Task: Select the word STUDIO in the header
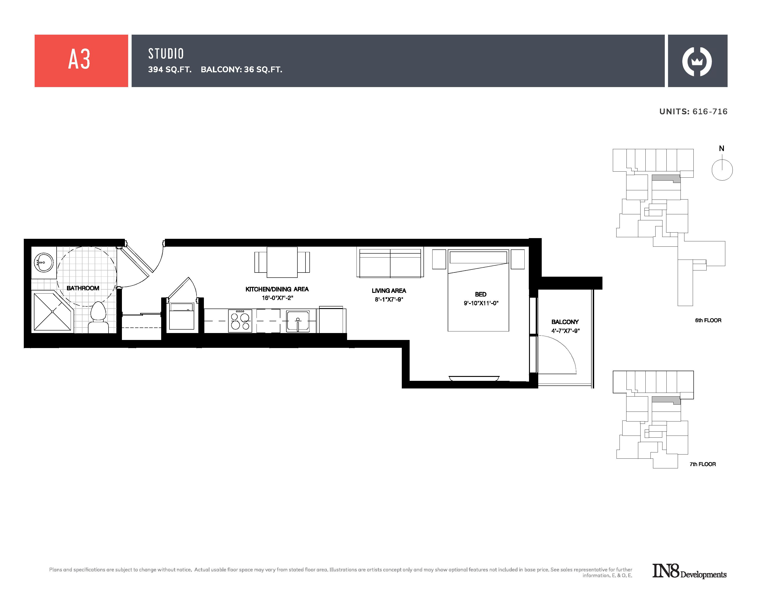click(x=166, y=54)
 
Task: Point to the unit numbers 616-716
click(x=710, y=112)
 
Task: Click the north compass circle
click(x=722, y=170)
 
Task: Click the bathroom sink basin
click(x=44, y=262)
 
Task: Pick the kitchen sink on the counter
click(x=298, y=321)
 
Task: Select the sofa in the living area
click(x=390, y=263)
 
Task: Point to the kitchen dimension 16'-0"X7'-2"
click(x=277, y=298)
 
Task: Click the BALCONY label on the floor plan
click(x=565, y=322)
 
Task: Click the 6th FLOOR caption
click(x=708, y=320)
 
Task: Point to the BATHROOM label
click(x=83, y=288)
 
